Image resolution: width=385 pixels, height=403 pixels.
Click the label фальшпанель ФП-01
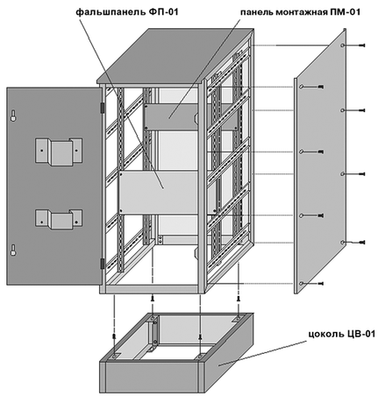click(x=127, y=12)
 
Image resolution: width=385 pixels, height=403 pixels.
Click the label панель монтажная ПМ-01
click(x=300, y=12)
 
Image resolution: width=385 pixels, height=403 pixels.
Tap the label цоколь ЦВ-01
click(x=342, y=334)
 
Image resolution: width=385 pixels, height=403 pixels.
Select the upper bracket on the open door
click(x=59, y=152)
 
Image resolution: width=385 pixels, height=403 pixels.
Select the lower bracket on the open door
click(x=59, y=219)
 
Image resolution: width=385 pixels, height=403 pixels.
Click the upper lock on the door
click(x=13, y=116)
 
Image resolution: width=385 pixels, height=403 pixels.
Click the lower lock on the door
click(x=13, y=250)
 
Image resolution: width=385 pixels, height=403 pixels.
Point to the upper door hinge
click(x=103, y=107)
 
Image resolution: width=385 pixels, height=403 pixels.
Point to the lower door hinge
click(x=103, y=264)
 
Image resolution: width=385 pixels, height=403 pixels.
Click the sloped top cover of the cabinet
click(x=175, y=55)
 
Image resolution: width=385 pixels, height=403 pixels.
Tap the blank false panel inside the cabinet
click(x=158, y=193)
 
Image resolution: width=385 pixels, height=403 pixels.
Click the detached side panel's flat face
click(x=320, y=160)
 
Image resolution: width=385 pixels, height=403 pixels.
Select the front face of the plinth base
click(x=152, y=378)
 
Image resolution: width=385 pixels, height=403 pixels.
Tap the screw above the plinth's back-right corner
click(x=239, y=299)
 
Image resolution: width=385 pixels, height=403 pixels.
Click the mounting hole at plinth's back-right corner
click(x=239, y=318)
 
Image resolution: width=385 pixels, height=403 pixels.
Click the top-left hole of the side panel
click(x=301, y=87)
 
